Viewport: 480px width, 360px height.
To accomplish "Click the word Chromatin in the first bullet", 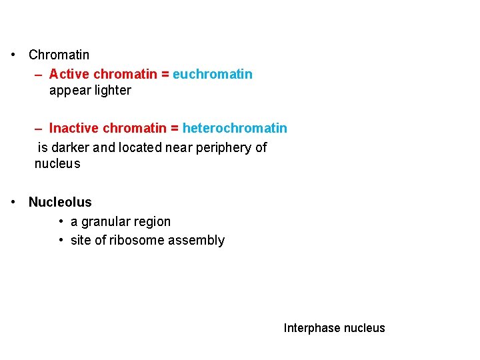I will [x=59, y=55].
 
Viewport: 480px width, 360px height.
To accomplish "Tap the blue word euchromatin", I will [x=213, y=74].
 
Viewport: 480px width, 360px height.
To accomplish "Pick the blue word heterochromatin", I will [x=235, y=128].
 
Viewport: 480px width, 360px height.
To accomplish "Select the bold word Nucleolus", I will [x=60, y=202].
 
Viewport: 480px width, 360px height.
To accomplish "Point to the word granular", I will [x=105, y=222].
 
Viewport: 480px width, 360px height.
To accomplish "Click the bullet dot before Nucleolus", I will [x=14, y=202].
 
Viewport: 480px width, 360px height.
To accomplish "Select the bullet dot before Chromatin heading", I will [x=14, y=55].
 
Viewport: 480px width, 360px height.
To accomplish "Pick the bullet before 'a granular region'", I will [x=61, y=221].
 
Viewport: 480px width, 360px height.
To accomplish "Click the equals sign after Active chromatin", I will [x=165, y=74].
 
